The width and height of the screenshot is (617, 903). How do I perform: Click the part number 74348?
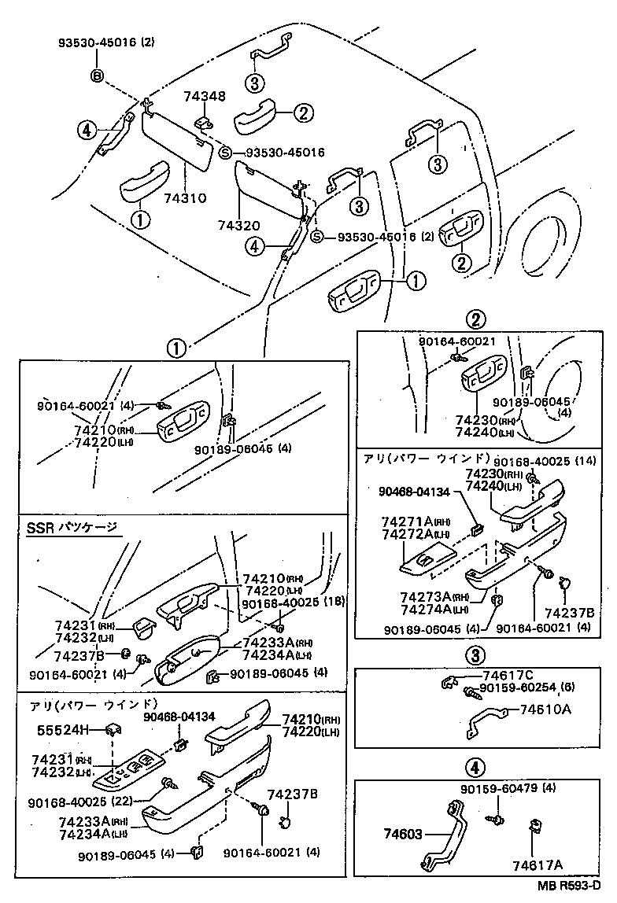205,97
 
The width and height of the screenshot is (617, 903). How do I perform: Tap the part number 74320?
238,226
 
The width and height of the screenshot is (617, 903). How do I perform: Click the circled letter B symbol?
98,76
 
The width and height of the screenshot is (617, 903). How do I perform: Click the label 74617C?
508,675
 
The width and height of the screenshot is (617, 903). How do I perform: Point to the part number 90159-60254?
515,688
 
